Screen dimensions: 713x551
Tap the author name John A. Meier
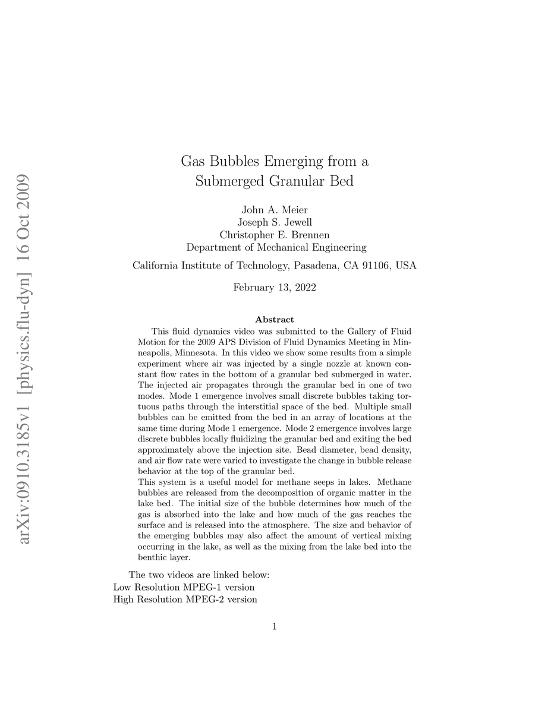(275, 210)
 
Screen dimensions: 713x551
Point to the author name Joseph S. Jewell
(275, 223)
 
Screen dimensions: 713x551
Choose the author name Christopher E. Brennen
(275, 235)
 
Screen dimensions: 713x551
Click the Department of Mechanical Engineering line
(276, 247)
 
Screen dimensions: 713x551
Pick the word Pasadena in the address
(316, 266)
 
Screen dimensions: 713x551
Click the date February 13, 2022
(275, 288)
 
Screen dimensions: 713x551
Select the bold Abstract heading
(275, 320)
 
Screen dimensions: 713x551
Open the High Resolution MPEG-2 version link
(185, 600)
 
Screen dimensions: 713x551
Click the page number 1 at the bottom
(275, 626)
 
